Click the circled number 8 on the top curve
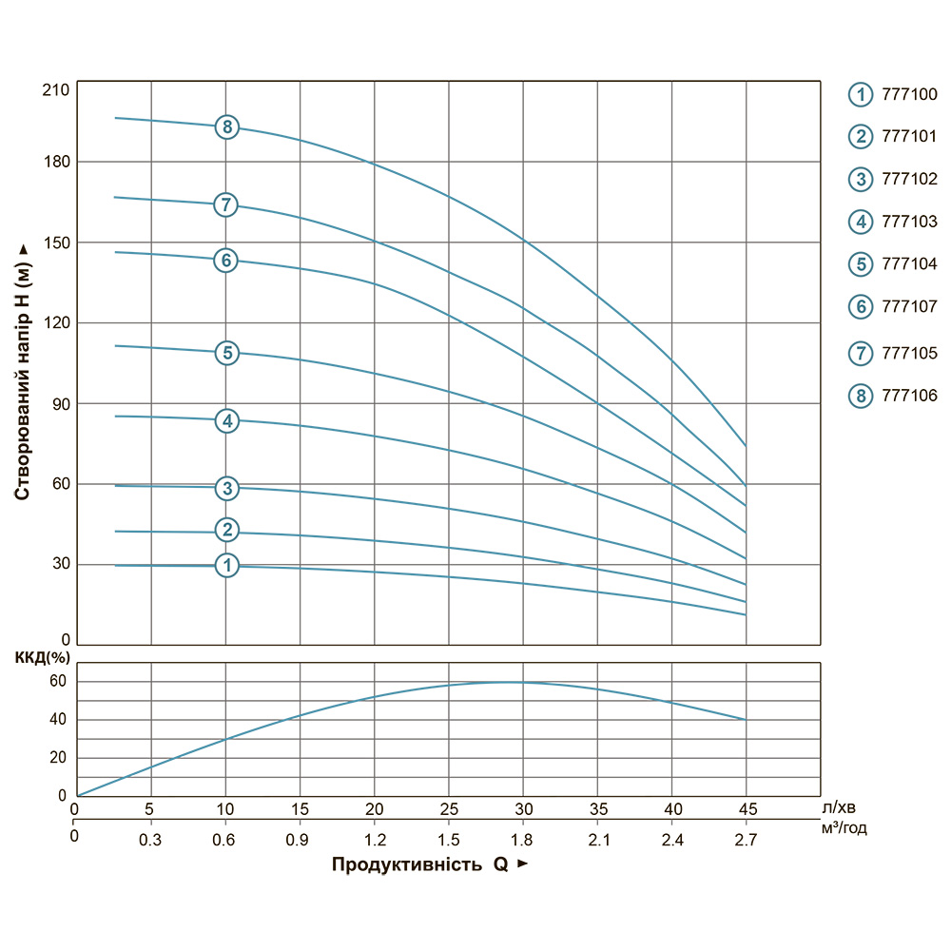pos(226,126)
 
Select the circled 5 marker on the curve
pos(226,353)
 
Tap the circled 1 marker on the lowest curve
pos(226,566)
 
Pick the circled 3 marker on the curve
pos(226,489)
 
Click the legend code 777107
pos(910,306)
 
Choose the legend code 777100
pos(910,94)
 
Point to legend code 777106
pos(910,396)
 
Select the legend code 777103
pos(910,222)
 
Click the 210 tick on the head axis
pos(57,90)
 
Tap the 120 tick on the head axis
pos(57,323)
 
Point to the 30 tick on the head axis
pos(60,565)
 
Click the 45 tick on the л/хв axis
pos(747,809)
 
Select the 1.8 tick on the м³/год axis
pos(522,840)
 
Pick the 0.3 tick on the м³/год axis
pos(150,840)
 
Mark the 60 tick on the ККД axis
pos(58,681)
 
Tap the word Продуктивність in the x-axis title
pos(407,865)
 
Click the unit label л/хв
pos(837,806)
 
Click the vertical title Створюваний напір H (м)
pos(22,371)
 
